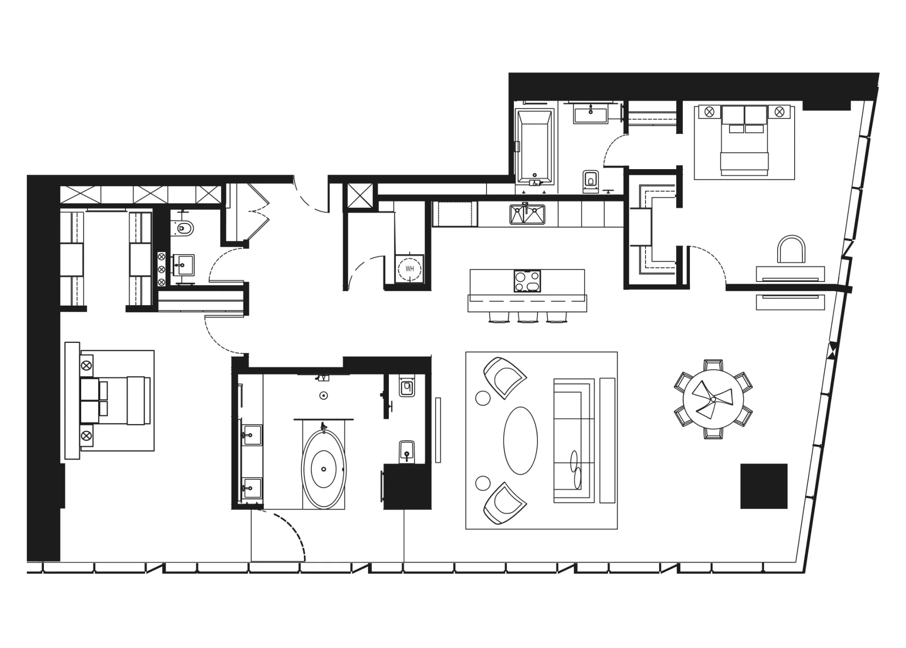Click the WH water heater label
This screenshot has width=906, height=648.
click(x=409, y=269)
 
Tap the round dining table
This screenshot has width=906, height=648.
click(x=713, y=399)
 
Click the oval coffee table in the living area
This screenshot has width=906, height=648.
click(x=520, y=441)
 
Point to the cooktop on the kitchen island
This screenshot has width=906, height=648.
click(x=528, y=281)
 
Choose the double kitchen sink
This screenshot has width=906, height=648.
click(x=527, y=214)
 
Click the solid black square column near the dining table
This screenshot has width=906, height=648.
click(x=764, y=486)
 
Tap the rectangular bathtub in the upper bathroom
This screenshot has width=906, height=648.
click(x=535, y=147)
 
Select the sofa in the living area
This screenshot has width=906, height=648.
click(x=573, y=440)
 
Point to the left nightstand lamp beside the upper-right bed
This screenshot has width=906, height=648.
click(x=709, y=112)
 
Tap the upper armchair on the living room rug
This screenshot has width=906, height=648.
click(x=505, y=377)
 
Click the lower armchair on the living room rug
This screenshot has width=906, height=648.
click(x=505, y=503)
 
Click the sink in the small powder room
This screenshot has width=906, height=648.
click(x=184, y=265)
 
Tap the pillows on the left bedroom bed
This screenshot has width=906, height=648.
click(x=93, y=401)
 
